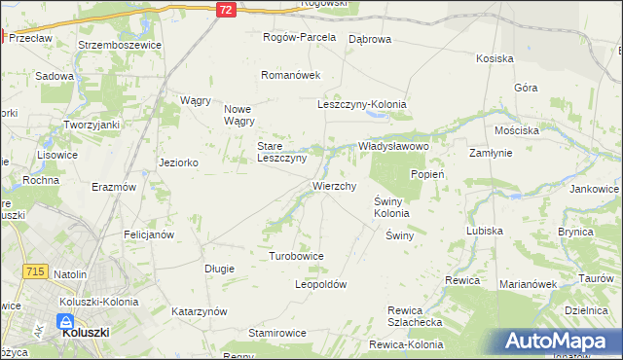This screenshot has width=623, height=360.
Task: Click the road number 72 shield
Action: [226, 9]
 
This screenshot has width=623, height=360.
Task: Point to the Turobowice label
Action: [296, 256]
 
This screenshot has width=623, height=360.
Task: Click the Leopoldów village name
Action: [321, 284]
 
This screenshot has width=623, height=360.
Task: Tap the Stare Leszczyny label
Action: [281, 152]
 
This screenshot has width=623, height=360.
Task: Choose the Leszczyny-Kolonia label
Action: [361, 104]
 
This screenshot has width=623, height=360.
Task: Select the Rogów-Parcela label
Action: [300, 37]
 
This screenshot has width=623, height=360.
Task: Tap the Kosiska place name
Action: [495, 58]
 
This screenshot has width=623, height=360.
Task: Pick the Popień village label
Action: [427, 174]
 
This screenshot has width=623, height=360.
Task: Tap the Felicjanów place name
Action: [149, 234]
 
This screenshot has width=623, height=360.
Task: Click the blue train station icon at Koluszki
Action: [66, 321]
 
